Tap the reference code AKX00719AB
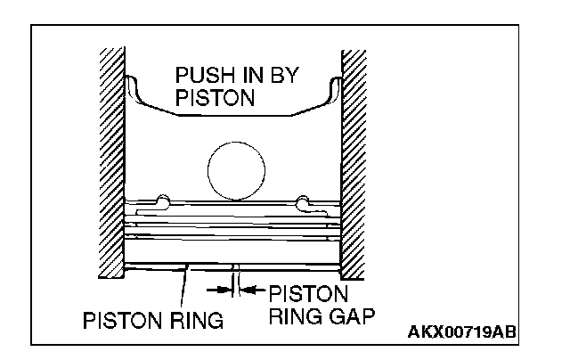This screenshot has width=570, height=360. (x=461, y=332)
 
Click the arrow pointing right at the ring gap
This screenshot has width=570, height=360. (x=216, y=289)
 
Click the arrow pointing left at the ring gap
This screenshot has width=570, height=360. (x=253, y=289)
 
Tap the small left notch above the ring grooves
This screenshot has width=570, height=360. (x=160, y=199)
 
